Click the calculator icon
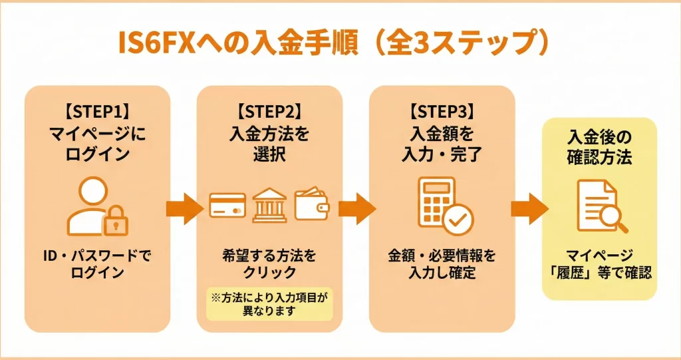click(436, 202)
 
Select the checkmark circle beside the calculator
click(458, 220)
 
